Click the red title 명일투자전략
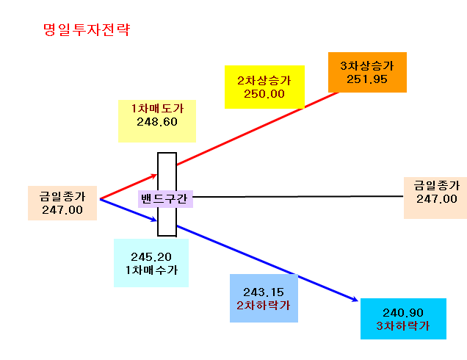[x=87, y=29]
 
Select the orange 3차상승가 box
[x=367, y=73]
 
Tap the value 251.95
[x=367, y=79]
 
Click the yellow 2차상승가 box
[x=264, y=87]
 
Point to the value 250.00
[x=264, y=94]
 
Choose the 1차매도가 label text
[x=157, y=109]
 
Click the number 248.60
[x=157, y=122]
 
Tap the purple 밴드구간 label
[x=165, y=199]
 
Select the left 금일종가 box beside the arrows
[x=62, y=203]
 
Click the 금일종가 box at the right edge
[x=435, y=198]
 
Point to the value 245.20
[x=151, y=257]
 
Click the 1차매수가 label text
[x=151, y=270]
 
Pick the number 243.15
[x=264, y=292]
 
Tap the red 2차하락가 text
[x=264, y=306]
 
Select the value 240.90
[x=403, y=313]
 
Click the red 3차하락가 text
[x=403, y=326]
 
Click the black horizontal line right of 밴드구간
[x=298, y=197]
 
